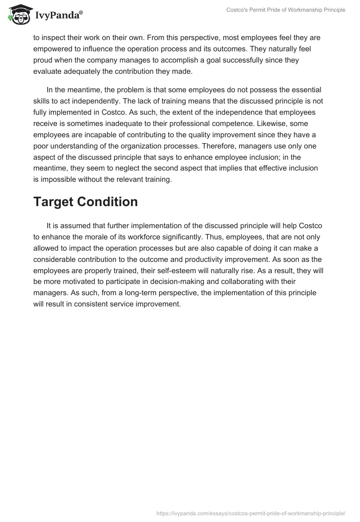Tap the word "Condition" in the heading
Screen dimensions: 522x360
[113, 202]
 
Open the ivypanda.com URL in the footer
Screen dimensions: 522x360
[251, 513]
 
